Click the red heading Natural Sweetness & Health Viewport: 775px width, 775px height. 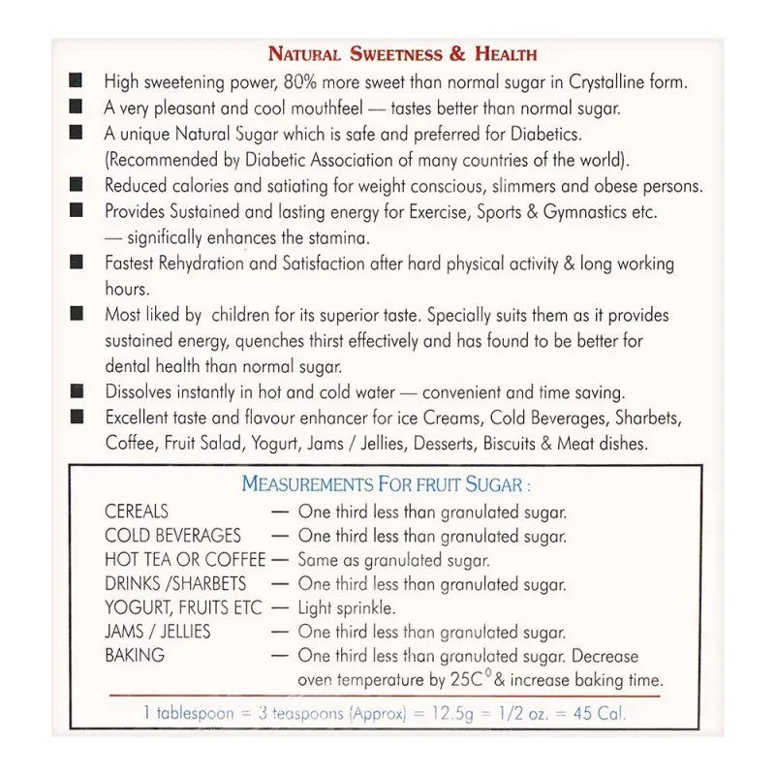click(x=402, y=54)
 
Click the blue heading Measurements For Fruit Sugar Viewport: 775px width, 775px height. click(x=386, y=483)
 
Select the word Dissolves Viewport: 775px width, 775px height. click(x=141, y=392)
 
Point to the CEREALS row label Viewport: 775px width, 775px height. click(x=137, y=511)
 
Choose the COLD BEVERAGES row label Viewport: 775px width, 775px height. click(x=173, y=536)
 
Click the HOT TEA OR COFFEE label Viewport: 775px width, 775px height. click(x=185, y=560)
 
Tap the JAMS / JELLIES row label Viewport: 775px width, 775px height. click(x=158, y=632)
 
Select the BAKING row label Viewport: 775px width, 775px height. click(x=135, y=656)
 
